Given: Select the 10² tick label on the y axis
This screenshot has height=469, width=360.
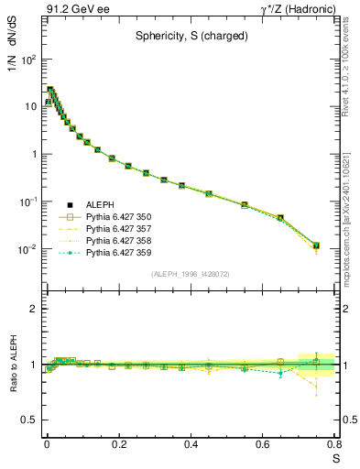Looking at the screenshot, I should point(28,59).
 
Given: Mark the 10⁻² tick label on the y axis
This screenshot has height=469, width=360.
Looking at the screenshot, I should point(28,249).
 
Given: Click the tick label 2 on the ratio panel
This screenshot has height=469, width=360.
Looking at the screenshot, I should point(33,310).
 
